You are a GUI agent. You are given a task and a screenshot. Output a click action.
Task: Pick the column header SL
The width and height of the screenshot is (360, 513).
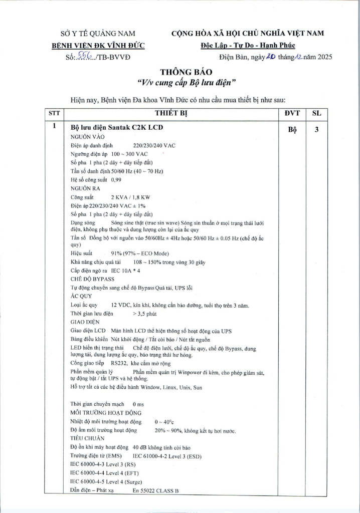[316, 113]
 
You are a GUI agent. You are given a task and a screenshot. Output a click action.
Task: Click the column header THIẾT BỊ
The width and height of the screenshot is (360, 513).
[172, 113]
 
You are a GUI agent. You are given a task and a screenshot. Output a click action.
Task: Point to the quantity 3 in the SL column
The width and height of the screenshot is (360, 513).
[316, 129]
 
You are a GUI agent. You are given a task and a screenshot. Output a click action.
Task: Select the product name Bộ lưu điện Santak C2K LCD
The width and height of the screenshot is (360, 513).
[117, 127]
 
